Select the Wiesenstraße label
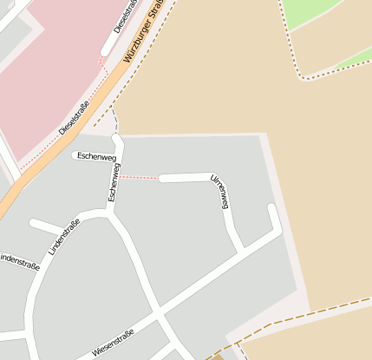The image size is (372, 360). click(x=112, y=344)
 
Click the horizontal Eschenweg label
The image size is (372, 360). click(x=96, y=156)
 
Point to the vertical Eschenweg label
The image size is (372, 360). click(x=114, y=183)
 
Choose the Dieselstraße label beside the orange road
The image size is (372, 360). click(x=75, y=118)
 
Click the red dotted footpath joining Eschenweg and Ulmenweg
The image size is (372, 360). click(x=139, y=178)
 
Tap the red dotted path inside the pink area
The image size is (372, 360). click(x=52, y=143)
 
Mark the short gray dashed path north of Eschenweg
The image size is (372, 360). click(x=114, y=122)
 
